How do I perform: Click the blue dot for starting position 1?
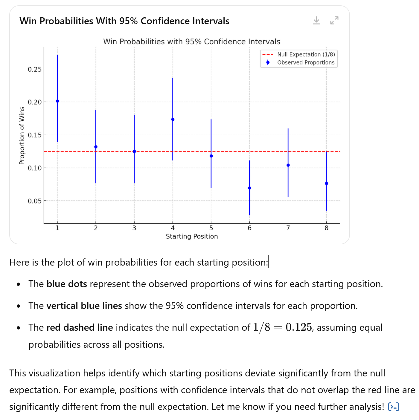(x=57, y=101)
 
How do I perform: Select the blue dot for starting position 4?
(x=173, y=119)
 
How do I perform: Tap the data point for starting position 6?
(x=249, y=188)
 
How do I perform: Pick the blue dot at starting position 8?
(x=326, y=183)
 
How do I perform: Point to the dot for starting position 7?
(x=288, y=165)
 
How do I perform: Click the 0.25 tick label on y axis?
(x=34, y=70)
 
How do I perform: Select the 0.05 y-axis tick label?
(x=34, y=201)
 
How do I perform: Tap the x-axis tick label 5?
(x=211, y=228)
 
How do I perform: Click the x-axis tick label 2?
(x=96, y=228)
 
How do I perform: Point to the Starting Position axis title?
(x=192, y=237)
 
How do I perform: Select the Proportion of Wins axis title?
(x=22, y=136)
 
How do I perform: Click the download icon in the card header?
(x=316, y=21)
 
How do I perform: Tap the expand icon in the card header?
(x=334, y=21)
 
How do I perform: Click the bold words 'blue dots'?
(x=67, y=284)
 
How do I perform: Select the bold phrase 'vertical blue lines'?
(x=84, y=306)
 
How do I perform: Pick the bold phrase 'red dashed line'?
(x=80, y=328)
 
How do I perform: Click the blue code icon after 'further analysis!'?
(x=394, y=407)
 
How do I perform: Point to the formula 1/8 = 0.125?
(x=282, y=328)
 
